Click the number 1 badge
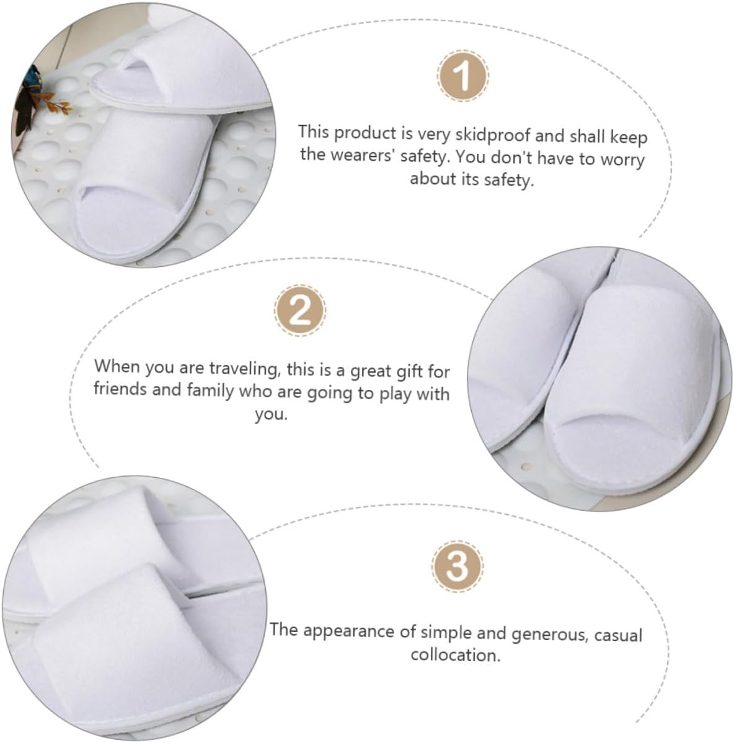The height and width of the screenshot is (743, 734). click(x=462, y=78)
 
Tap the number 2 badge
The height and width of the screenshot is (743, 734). click(x=300, y=310)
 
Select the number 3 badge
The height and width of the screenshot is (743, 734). click(x=457, y=566)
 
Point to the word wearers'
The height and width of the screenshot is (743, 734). click(x=365, y=155)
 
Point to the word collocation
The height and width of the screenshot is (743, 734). click(x=454, y=654)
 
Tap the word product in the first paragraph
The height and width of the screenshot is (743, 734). click(x=366, y=133)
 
